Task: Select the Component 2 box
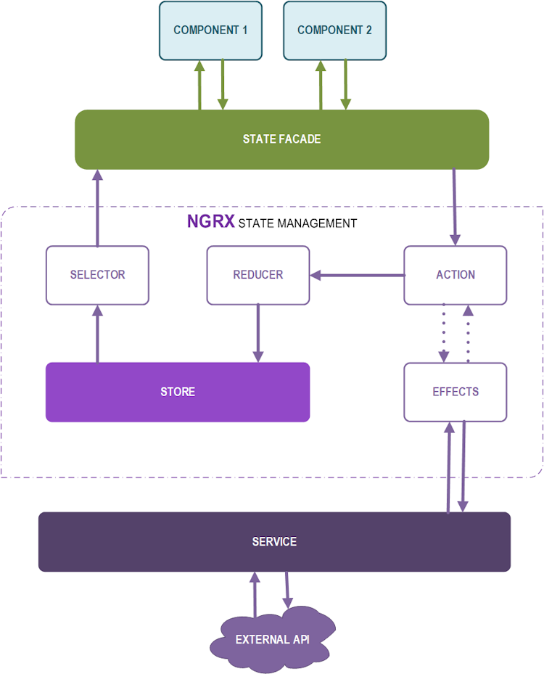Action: coord(334,30)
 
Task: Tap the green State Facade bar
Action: coord(281,139)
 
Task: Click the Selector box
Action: coord(97,275)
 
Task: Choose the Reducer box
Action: coord(257,275)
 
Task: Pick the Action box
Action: coord(455,275)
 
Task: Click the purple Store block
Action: coord(178,392)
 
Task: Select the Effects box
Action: coord(455,392)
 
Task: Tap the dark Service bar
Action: coord(274,542)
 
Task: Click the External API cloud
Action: coord(272,639)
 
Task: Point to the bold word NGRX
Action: coord(210,222)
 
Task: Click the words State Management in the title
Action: coord(297,223)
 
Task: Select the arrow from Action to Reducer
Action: coord(357,275)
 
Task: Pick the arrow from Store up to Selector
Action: coord(97,334)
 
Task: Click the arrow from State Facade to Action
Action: coord(455,207)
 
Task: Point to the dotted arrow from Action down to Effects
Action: coord(442,334)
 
